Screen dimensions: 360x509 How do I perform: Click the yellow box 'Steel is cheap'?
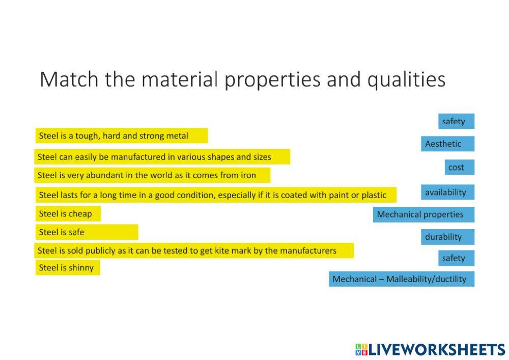pos(68,214)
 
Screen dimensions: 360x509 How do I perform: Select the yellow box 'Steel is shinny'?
pos(68,267)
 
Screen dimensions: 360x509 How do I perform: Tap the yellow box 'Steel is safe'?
pos(87,232)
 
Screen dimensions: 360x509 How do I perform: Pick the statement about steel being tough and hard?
pos(121,136)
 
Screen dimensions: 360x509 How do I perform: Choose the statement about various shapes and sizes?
pos(162,157)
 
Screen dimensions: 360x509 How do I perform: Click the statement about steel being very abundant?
pos(153,175)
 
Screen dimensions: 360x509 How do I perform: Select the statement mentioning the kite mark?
pos(194,251)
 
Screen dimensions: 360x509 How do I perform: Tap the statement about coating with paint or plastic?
pos(216,195)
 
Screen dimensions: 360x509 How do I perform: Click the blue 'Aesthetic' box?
pos(447,144)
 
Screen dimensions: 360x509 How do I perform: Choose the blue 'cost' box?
pos(460,167)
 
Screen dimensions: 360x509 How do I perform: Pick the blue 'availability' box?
pos(447,192)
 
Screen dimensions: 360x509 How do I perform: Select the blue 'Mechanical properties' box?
pos(423,214)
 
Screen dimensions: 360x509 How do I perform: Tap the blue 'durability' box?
pos(447,237)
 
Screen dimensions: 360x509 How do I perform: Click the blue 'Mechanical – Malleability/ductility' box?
pos(401,279)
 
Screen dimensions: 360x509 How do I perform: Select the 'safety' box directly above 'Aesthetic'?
pos(456,121)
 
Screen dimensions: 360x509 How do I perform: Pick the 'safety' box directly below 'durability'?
pos(456,258)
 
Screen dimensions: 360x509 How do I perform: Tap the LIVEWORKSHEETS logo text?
pos(436,349)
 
